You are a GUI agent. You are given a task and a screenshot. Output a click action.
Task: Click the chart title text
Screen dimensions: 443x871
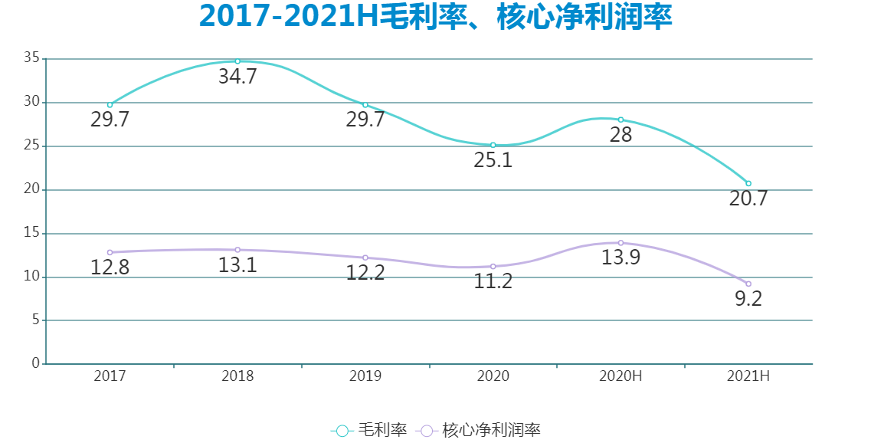tap(435, 18)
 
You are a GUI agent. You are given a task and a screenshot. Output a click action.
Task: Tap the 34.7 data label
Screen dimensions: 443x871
tap(237, 77)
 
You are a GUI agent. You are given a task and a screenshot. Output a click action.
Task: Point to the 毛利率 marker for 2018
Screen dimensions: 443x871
tap(237, 61)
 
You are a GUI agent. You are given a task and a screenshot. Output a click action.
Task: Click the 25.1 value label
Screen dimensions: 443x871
tap(493, 161)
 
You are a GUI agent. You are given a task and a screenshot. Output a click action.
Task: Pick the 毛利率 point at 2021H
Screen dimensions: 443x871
tap(748, 183)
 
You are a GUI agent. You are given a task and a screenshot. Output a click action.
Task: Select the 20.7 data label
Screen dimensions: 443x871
tap(748, 199)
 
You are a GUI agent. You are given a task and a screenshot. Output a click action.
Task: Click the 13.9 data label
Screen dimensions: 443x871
tap(621, 258)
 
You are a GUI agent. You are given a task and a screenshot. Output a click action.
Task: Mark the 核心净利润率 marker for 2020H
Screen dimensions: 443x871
tap(621, 243)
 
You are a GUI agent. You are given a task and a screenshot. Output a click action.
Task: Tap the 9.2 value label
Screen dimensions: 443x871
tap(748, 300)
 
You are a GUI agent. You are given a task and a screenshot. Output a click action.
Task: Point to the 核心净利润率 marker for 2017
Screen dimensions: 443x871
tap(110, 252)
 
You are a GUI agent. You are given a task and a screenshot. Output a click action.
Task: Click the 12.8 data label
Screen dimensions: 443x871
tap(110, 268)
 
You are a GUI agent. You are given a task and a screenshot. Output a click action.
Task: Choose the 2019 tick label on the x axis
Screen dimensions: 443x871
tap(365, 376)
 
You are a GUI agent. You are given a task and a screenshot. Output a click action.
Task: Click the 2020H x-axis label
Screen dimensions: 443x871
tap(621, 376)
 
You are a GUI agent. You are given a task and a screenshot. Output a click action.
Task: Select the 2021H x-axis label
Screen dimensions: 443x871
tap(748, 376)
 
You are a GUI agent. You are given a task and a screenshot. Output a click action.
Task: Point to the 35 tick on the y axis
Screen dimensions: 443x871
tap(31, 58)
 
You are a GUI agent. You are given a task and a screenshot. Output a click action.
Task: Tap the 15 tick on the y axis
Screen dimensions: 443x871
tap(31, 233)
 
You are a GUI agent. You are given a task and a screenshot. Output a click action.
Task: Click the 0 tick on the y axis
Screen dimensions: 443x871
tap(35, 364)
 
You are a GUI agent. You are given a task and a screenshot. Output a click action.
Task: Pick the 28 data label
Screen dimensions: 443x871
tap(621, 136)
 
